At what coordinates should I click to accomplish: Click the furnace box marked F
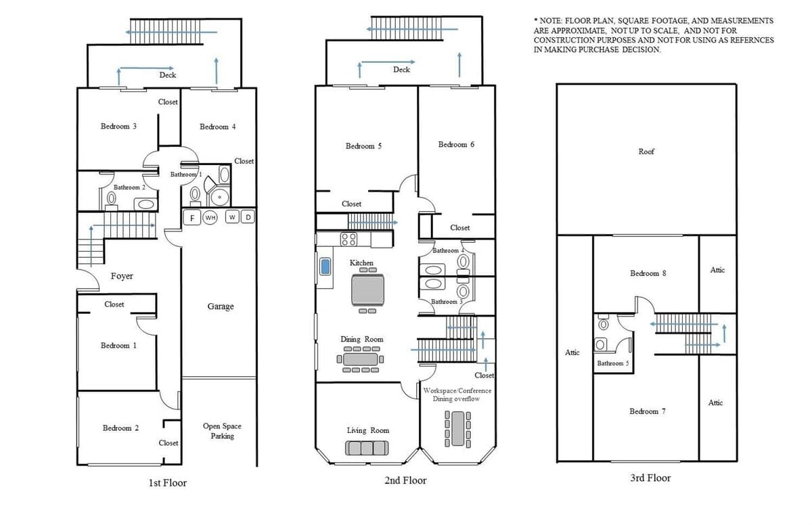click(191, 218)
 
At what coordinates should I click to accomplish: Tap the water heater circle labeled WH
click(210, 217)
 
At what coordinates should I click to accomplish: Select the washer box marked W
click(232, 217)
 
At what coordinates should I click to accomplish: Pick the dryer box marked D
click(248, 217)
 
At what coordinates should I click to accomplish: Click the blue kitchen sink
click(325, 267)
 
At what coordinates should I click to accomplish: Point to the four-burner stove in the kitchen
click(348, 239)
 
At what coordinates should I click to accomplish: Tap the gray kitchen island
click(367, 290)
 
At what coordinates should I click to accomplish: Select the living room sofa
click(367, 448)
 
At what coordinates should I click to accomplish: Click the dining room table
click(360, 359)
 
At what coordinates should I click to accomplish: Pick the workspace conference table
click(458, 429)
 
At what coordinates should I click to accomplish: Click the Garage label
click(221, 306)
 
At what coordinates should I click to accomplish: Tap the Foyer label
click(122, 276)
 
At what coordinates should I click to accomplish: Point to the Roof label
click(646, 152)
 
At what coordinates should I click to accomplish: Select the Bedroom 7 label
click(648, 411)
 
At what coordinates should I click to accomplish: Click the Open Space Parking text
click(222, 431)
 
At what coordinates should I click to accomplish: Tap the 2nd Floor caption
click(405, 480)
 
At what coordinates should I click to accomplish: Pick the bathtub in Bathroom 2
click(145, 204)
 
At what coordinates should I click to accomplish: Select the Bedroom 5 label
click(363, 146)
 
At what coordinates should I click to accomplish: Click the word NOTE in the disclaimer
click(551, 21)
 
